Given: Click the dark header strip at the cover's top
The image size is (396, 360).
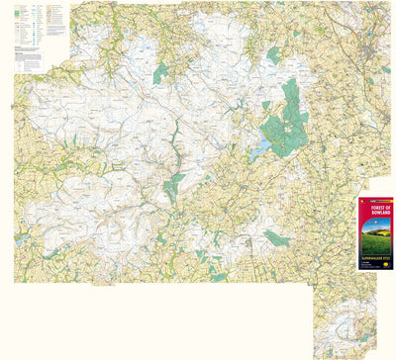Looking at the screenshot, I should click(x=375, y=201).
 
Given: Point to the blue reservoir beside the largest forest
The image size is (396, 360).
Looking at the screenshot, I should click(x=259, y=148).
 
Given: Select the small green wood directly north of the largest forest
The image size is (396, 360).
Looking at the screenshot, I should click(x=274, y=55).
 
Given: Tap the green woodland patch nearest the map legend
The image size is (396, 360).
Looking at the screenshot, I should click(x=159, y=72).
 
